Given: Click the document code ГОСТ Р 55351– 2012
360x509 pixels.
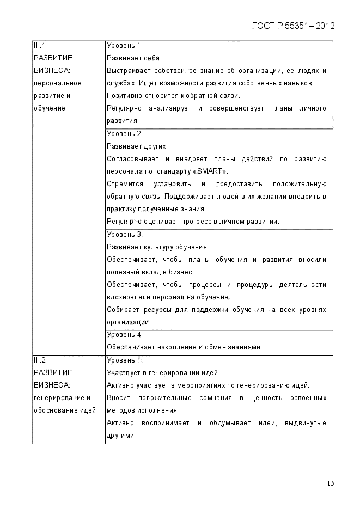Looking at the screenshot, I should coord(293,26).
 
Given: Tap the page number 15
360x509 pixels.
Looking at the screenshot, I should coord(331,483).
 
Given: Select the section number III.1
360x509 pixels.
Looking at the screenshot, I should coord(40,45).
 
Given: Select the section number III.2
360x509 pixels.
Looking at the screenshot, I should coord(40,360).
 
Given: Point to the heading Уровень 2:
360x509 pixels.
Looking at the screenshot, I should coord(124,134).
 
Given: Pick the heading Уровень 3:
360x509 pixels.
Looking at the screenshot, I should coord(124,235).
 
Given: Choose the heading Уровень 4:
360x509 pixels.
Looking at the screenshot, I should coord(124,335).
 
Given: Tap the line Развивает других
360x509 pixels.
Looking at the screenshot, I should coord(136,146).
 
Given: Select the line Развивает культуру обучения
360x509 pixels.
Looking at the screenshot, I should coord(157,247).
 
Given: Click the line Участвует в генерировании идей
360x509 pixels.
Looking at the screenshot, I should coord(162,373).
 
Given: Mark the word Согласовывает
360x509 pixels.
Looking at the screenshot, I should coord(130,159).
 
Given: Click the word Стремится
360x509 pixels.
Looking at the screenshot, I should coord(123,184).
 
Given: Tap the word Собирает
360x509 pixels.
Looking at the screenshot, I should coord(122,310).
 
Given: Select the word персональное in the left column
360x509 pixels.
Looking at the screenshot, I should coord(58,83).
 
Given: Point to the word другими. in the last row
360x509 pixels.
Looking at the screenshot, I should coord(120,436).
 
